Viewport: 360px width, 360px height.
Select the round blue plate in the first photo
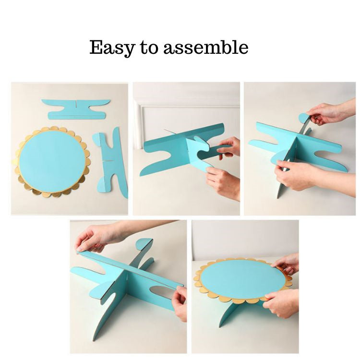tap(52, 159)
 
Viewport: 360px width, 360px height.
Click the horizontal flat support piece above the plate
tap(76, 109)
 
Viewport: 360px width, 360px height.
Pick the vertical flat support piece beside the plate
tap(111, 163)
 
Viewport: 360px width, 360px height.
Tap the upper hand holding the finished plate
tap(287, 264)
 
